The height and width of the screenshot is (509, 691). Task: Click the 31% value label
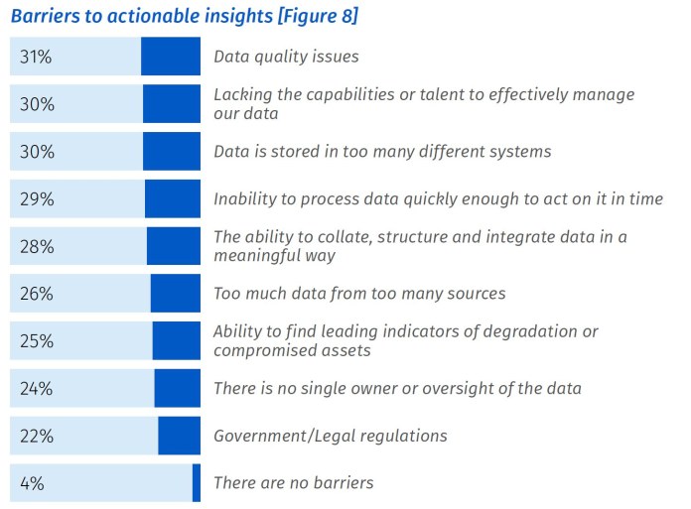pos(35,57)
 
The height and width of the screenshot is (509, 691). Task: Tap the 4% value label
pos(31,484)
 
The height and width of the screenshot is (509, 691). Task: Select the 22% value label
pos(36,437)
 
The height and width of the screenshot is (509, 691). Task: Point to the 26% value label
pos(36,294)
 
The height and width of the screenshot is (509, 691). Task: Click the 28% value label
pos(36,246)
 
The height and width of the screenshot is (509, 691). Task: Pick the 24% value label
pos(36,389)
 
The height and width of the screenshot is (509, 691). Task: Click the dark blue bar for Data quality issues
pos(171,57)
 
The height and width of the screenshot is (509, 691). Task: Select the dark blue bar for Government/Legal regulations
pos(179,437)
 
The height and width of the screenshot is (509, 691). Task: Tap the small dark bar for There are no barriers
pos(197,484)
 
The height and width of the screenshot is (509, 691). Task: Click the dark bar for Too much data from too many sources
pos(176,294)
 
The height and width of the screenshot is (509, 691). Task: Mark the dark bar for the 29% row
pos(173,199)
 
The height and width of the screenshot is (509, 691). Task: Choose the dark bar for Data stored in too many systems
pos(172,152)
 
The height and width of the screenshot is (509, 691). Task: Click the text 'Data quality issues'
pos(286,58)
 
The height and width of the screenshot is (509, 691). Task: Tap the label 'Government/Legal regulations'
pos(331,437)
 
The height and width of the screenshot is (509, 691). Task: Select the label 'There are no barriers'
pos(294,484)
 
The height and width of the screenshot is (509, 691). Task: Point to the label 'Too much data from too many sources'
pos(359,294)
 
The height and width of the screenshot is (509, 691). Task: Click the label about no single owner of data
pos(397,389)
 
